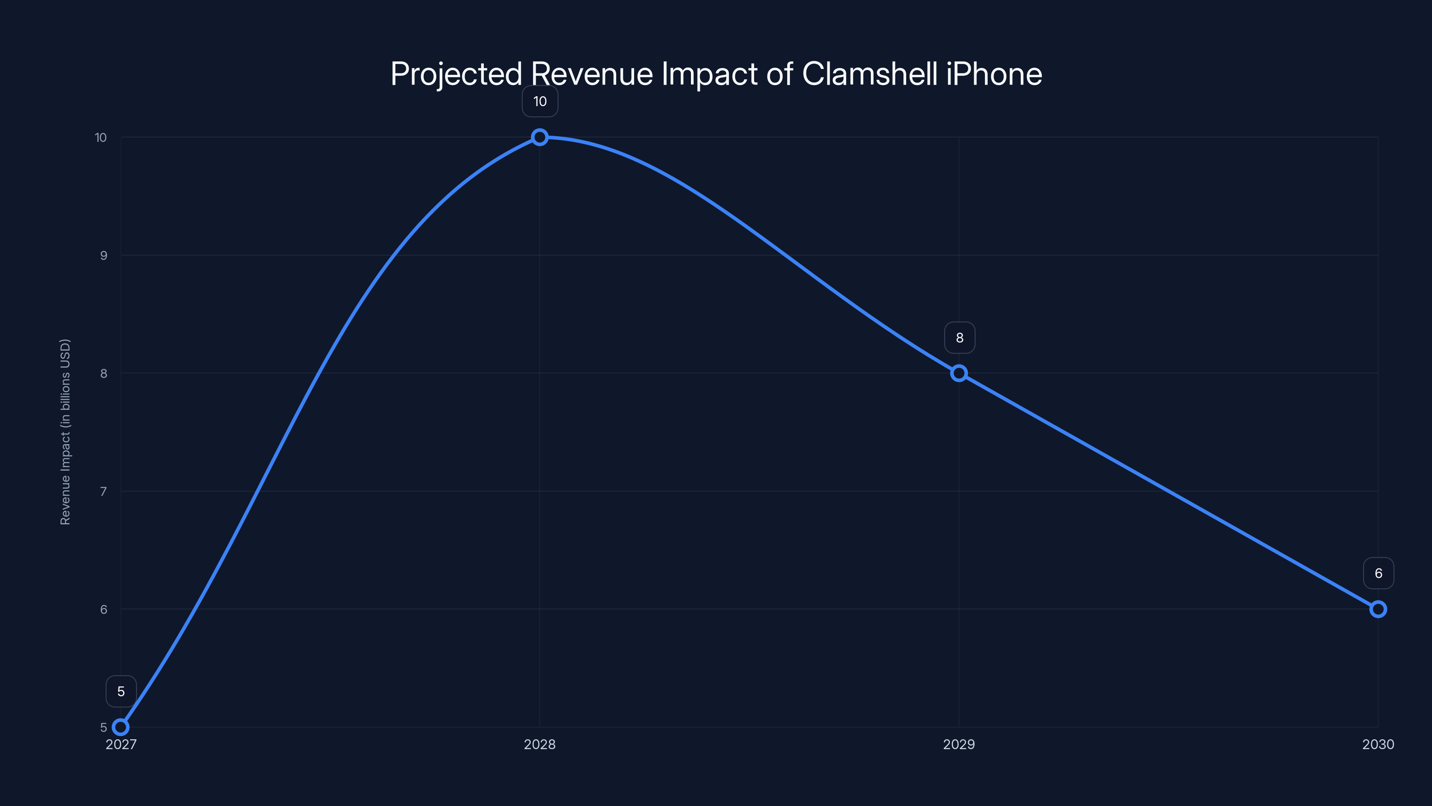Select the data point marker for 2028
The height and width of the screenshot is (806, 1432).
[539, 137]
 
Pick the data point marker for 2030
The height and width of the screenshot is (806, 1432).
[1377, 609]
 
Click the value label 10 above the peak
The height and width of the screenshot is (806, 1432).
[540, 101]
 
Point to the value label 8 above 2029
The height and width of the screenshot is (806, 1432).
[959, 338]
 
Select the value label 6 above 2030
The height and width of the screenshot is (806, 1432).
[1378, 573]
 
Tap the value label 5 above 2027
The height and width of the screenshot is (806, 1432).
[121, 691]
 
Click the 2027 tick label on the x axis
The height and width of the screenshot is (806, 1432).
[121, 744]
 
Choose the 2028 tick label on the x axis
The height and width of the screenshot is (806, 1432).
[539, 744]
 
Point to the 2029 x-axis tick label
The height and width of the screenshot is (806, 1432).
[959, 744]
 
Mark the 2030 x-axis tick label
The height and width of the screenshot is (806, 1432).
[1377, 744]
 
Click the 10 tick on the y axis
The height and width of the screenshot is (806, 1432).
[101, 137]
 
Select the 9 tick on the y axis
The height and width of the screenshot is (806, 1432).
[103, 255]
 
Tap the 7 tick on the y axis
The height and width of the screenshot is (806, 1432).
[103, 491]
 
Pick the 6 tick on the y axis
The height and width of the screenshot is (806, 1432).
[103, 609]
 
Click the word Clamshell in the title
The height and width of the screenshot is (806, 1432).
[869, 73]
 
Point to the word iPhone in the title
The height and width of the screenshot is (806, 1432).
[993, 73]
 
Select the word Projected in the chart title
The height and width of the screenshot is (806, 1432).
[456, 73]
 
